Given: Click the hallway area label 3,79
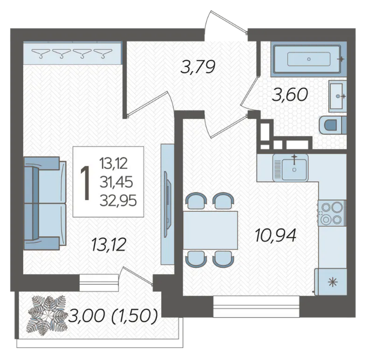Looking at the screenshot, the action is click(x=198, y=67).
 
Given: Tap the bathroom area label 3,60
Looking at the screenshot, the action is click(x=290, y=95).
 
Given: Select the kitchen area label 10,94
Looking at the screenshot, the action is click(x=275, y=235).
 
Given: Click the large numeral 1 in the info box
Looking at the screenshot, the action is click(x=86, y=183).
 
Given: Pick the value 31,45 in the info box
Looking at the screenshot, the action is click(x=116, y=182).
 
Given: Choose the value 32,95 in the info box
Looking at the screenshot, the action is click(x=118, y=201).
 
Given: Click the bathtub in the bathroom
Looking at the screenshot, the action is click(x=309, y=59).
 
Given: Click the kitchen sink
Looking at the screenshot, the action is click(x=291, y=167).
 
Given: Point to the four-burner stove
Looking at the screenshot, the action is click(x=332, y=213).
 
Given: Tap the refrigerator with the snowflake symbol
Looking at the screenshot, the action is click(x=331, y=282).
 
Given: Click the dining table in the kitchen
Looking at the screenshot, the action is click(x=210, y=230).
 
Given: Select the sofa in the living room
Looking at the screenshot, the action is click(x=45, y=203).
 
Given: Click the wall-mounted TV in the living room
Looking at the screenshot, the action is click(x=167, y=206).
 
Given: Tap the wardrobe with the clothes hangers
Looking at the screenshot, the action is click(x=73, y=53).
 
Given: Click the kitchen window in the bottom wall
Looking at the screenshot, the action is click(x=256, y=307).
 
